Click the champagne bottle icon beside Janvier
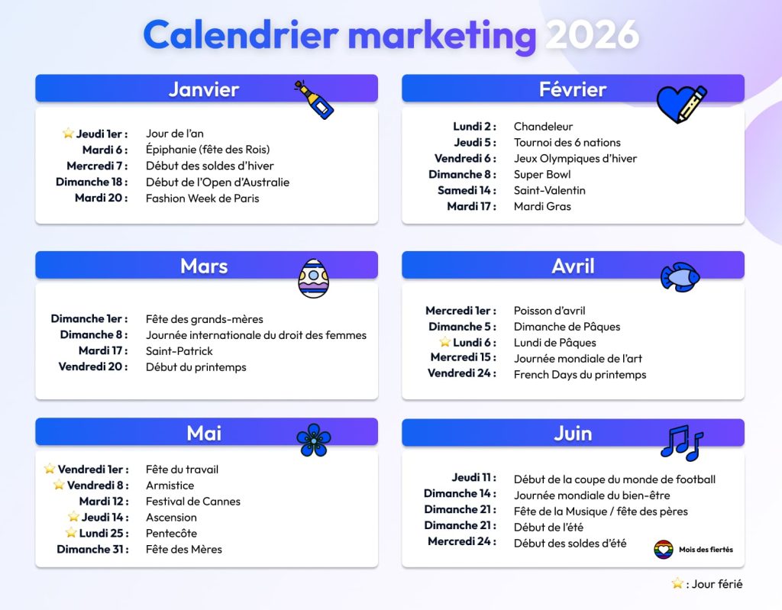coord(315,100)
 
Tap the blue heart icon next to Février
coord(680,104)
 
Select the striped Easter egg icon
coord(314,278)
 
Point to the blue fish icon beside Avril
coord(680,276)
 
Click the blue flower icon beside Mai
coord(313,441)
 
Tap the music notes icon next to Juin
coord(681,442)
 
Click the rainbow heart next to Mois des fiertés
coord(664,550)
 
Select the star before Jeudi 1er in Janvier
coord(68,134)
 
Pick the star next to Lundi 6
coord(444,342)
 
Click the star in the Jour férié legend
coord(677,584)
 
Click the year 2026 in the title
coord(593,35)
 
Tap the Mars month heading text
coord(204,266)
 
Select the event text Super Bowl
coord(542,174)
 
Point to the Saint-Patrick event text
coord(179,351)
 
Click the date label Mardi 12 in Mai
coord(104,502)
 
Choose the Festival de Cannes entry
coord(193,502)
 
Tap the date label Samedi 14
coord(467,190)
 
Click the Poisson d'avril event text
coord(550,311)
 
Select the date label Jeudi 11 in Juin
coord(473,478)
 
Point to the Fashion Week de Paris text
coord(202,198)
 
